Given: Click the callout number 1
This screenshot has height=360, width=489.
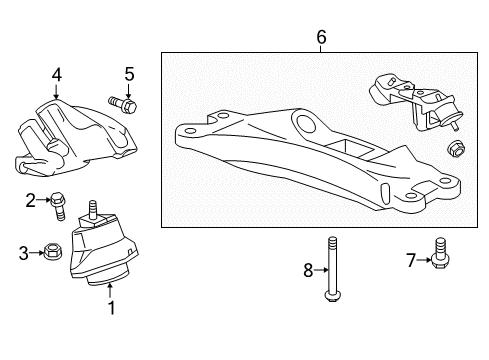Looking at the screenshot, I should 111,308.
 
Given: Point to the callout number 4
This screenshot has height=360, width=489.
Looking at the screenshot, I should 57,73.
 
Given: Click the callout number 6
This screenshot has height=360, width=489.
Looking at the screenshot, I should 321,38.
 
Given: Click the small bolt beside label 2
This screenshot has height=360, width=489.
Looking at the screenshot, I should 58,203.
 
